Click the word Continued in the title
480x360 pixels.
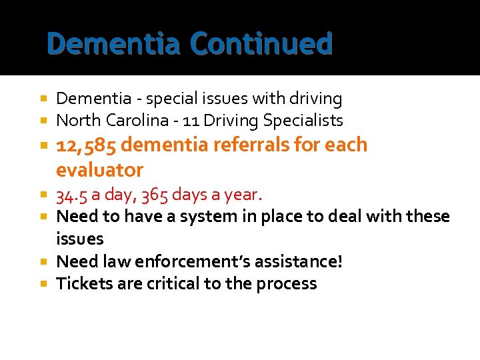click(x=261, y=45)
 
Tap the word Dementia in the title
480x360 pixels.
click(x=114, y=45)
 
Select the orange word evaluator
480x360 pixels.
click(x=100, y=170)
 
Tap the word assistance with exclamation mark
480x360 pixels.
click(x=303, y=261)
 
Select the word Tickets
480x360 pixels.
click(x=82, y=284)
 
